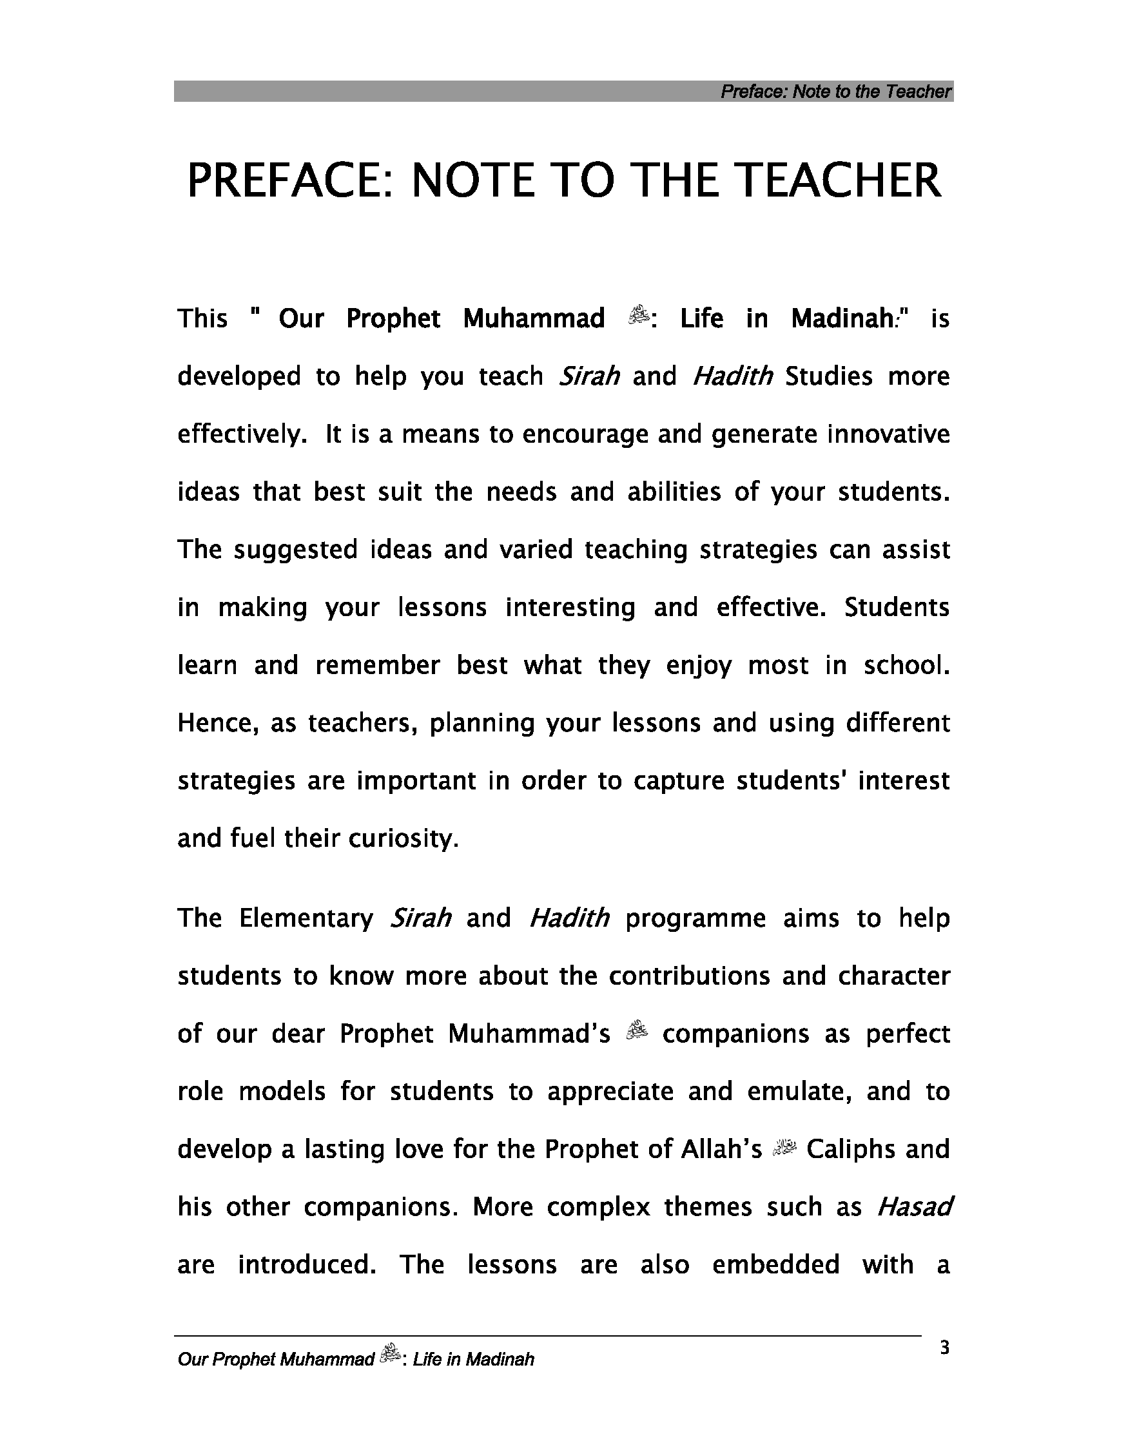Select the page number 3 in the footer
pyautogui.click(x=944, y=1348)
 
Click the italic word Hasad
pyautogui.click(x=914, y=1206)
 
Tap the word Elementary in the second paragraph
pyautogui.click(x=306, y=918)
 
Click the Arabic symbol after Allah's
pyautogui.click(x=784, y=1147)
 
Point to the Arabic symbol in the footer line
pyautogui.click(x=389, y=1355)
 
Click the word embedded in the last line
pyautogui.click(x=775, y=1264)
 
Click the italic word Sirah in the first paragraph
pyautogui.click(x=590, y=376)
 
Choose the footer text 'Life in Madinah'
pyautogui.click(x=472, y=1360)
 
